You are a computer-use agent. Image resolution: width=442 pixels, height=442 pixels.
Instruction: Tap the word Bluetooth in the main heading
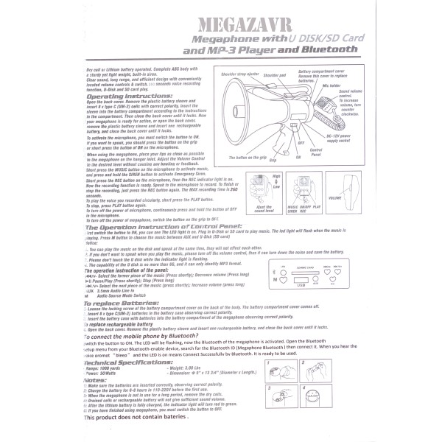point(327,50)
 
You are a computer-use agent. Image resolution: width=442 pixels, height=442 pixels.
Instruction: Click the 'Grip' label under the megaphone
point(273,159)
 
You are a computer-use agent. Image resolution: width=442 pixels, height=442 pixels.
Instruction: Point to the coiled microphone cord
point(313,125)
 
